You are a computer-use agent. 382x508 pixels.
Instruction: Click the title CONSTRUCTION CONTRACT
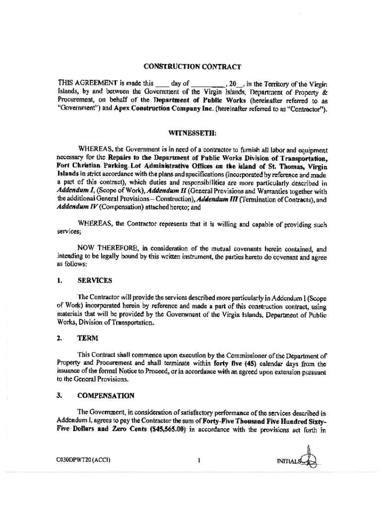[192, 66]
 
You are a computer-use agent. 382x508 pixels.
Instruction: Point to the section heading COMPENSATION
[105, 395]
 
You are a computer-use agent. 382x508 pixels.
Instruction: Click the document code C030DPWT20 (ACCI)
[83, 460]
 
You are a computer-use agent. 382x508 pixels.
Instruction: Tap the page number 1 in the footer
[198, 460]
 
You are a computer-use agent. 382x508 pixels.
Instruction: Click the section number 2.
[59, 338]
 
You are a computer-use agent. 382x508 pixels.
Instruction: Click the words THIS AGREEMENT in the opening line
[86, 84]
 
